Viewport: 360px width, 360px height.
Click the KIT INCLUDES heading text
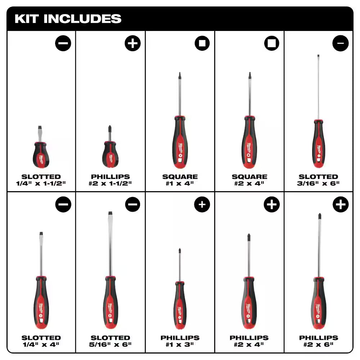click(x=68, y=19)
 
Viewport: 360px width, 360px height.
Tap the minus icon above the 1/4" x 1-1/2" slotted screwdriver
click(x=63, y=44)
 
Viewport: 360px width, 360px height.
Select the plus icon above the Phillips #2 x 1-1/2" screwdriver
click(x=132, y=44)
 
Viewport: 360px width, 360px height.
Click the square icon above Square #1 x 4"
click(x=202, y=44)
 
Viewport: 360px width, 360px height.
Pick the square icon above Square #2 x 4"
click(x=271, y=44)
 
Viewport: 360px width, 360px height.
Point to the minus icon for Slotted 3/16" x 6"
click(x=341, y=44)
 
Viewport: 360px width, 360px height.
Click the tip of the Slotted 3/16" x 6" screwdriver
click(x=318, y=56)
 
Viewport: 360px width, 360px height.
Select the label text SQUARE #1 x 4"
click(x=180, y=180)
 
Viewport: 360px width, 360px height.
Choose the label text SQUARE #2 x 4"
click(x=249, y=180)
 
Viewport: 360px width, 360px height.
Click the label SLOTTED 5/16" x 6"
click(x=111, y=341)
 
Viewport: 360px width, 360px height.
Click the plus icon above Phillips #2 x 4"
click(x=271, y=204)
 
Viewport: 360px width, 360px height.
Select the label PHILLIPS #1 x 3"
click(x=180, y=341)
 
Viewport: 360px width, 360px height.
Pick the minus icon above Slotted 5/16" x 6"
click(x=132, y=204)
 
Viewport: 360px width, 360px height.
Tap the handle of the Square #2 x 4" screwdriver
click(x=249, y=142)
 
